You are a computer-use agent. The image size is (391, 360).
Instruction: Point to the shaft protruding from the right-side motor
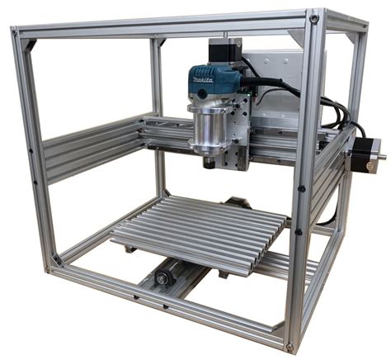click(x=380, y=157)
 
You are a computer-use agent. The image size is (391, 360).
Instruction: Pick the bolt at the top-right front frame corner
click(x=314, y=18)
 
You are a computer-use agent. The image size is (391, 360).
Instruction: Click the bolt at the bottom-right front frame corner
click(x=290, y=347)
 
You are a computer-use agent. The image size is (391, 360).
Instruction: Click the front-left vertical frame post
click(x=35, y=149)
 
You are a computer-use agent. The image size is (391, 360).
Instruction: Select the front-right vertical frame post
click(x=304, y=182)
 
